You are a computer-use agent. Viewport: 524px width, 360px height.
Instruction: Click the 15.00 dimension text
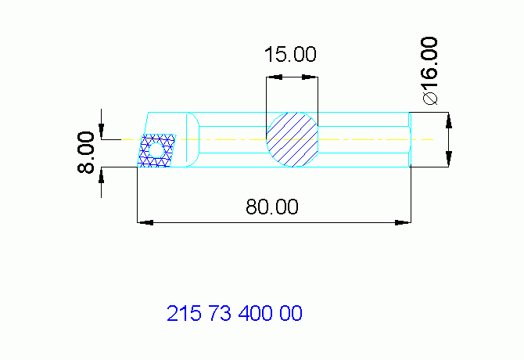coord(290,55)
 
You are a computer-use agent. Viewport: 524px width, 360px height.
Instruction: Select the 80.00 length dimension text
coord(272,207)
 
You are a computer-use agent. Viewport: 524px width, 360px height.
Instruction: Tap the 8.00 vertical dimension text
coord(86,153)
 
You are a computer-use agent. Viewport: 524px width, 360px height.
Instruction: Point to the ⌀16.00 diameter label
coord(430,70)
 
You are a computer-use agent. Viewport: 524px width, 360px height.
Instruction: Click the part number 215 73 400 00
coord(235,313)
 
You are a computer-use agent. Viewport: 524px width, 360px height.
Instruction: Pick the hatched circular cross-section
coord(292,139)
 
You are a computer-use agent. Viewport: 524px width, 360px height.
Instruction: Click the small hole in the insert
coord(156,151)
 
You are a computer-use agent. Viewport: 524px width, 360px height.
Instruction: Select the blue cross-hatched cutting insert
coord(156,151)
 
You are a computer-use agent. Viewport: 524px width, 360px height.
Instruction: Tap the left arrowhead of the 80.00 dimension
coord(145,222)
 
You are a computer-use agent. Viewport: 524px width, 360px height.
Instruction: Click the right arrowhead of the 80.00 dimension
coord(403,222)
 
